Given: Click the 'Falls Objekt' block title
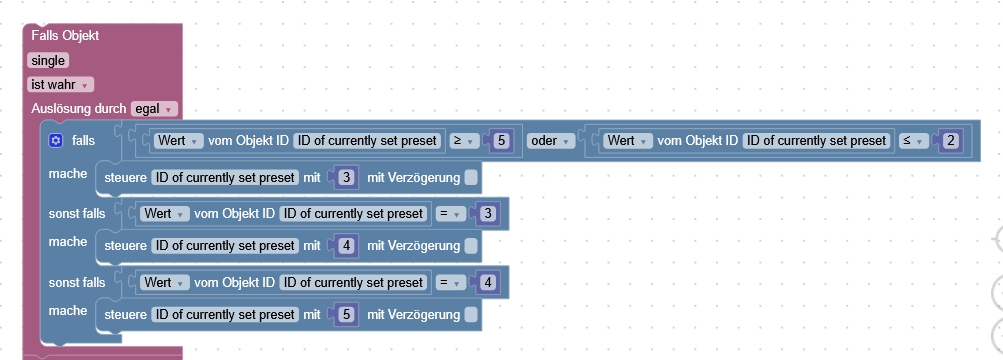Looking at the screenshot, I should (x=65, y=35).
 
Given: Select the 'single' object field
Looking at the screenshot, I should (x=48, y=60).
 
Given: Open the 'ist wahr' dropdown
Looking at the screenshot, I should (x=60, y=85).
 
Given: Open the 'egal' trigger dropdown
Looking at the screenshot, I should (x=155, y=108).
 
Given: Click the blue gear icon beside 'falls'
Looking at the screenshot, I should (x=56, y=141).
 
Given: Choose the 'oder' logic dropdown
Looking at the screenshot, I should (x=550, y=141).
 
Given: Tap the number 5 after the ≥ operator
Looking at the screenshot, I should (x=502, y=141).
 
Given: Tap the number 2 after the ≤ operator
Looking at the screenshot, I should (x=951, y=141).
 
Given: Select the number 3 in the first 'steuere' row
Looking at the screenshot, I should (x=346, y=178).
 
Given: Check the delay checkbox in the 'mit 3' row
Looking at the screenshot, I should (x=471, y=178).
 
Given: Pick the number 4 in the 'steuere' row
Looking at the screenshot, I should (x=346, y=246).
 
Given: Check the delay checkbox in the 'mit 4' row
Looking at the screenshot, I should (x=471, y=246).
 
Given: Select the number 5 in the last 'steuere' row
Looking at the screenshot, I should (x=346, y=315).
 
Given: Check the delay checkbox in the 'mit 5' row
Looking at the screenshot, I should (x=471, y=315).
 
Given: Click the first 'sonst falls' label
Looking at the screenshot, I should (x=77, y=213).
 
